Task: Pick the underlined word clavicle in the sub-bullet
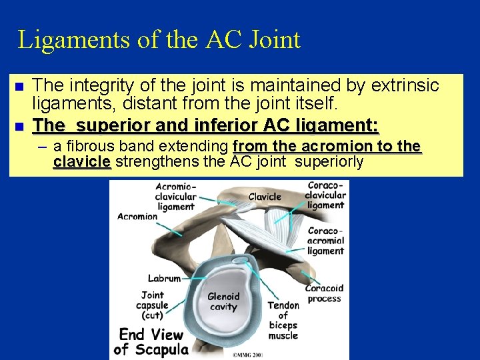[81, 162]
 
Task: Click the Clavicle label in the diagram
[265, 197]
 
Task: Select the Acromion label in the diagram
[137, 216]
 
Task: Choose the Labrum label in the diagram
[165, 279]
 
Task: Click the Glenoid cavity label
[223, 302]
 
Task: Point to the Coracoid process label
[325, 293]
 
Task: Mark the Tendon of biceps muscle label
[283, 321]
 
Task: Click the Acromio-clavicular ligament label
[175, 196]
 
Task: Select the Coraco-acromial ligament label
[326, 241]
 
